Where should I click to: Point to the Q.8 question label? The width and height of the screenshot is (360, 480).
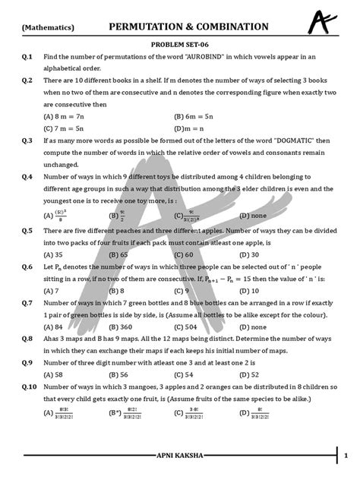pos(27,339)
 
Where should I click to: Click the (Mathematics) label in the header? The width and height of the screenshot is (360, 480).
pos(48,27)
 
